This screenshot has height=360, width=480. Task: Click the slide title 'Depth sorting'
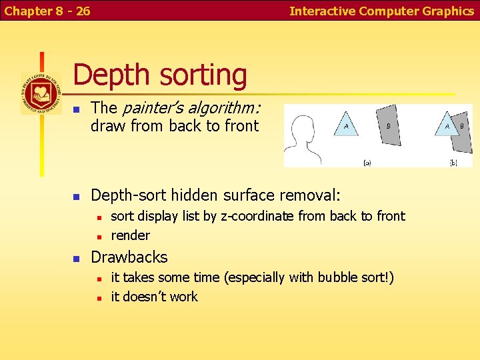(160, 75)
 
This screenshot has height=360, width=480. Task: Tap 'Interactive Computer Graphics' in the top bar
(381, 11)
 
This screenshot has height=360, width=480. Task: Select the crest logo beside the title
(41, 93)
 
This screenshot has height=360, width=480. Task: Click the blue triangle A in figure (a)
(345, 125)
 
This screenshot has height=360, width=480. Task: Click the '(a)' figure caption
(367, 162)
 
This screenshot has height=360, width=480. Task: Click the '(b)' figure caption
(453, 162)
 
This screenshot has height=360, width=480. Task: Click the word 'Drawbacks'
(129, 257)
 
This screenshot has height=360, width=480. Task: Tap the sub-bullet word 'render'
(130, 235)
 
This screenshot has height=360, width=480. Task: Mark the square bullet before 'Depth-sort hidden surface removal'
(77, 197)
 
